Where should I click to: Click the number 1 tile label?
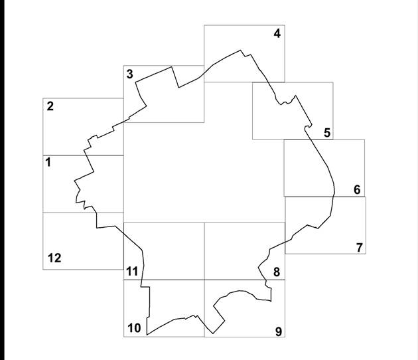tap(48, 162)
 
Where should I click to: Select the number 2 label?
tap(50, 106)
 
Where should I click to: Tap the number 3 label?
tap(130, 74)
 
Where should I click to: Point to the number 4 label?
tap(277, 34)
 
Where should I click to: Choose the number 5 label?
tap(327, 133)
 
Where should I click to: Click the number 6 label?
tap(357, 190)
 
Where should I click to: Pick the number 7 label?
tap(360, 247)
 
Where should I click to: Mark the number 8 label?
tap(277, 272)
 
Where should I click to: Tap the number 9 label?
tap(278, 331)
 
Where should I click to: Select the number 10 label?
tap(134, 328)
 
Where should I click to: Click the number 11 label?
tap(132, 272)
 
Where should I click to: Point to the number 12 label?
tap(54, 258)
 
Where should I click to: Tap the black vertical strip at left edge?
tap(2, 180)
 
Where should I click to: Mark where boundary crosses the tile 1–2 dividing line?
tap(86, 155)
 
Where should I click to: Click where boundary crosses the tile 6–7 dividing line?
tap(334, 197)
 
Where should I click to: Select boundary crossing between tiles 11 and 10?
tap(142, 280)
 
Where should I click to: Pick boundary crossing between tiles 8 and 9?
tap(266, 280)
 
